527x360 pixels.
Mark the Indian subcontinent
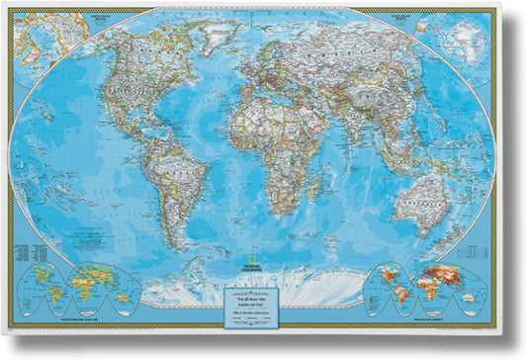(x=361, y=138)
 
